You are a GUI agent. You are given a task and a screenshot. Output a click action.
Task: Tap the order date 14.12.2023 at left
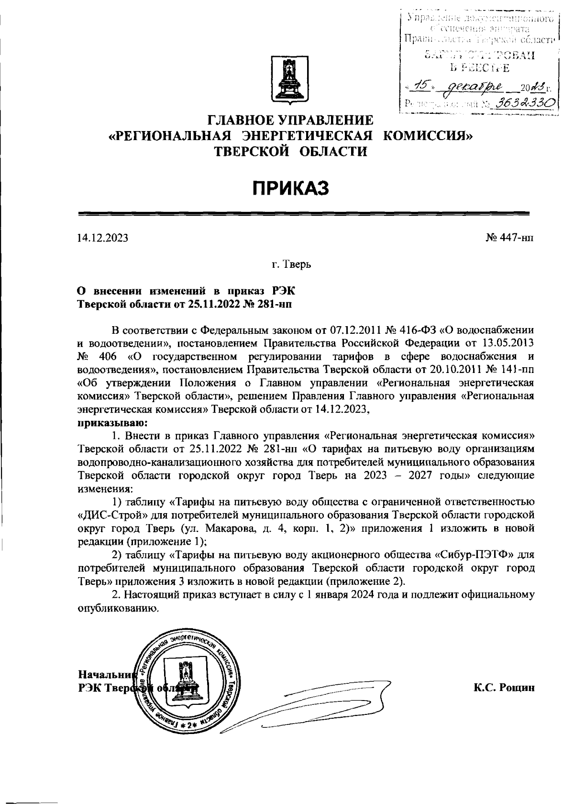tap(103, 238)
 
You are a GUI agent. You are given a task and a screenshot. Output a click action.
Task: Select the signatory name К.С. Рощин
tap(504, 688)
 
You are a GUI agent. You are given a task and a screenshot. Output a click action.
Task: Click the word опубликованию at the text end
tap(117, 608)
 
